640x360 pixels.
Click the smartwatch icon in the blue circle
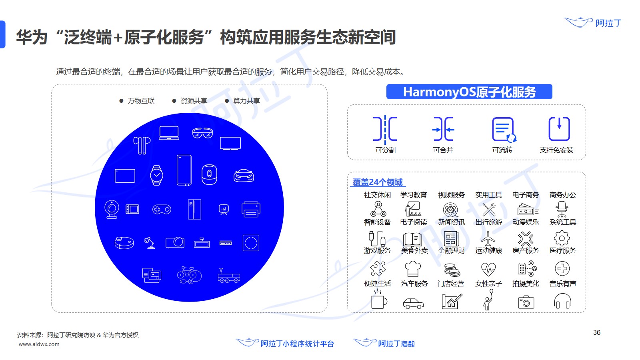(x=156, y=175)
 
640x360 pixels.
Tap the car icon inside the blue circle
(x=244, y=176)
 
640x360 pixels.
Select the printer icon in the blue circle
(x=251, y=209)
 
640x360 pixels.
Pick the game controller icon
(x=162, y=209)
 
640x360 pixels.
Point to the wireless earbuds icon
(x=142, y=145)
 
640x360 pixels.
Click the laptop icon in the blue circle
(x=169, y=133)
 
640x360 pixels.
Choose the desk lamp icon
(x=150, y=242)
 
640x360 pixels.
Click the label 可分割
(x=385, y=150)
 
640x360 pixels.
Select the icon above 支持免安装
(x=559, y=129)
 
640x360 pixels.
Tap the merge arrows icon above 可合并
(x=443, y=129)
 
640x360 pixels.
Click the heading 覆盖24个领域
(x=378, y=182)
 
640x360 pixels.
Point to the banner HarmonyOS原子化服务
(x=469, y=92)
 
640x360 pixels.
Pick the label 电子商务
(x=526, y=195)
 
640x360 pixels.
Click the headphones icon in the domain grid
(x=562, y=301)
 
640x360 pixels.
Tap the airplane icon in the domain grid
(x=488, y=239)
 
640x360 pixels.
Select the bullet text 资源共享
(x=194, y=101)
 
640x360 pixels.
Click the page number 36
(x=596, y=332)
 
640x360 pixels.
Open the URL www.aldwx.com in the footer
(x=39, y=344)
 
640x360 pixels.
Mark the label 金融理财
(x=451, y=250)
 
